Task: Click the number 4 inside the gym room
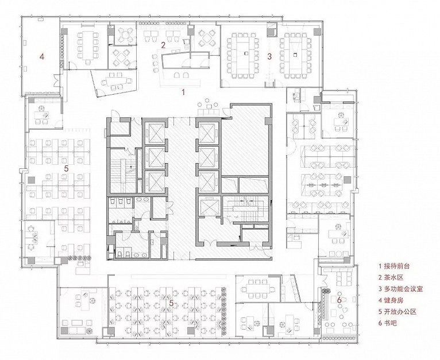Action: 42,57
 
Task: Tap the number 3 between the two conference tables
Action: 269,56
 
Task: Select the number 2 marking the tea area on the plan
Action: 163,45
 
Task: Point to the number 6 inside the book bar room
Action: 339,300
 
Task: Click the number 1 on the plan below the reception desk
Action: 183,92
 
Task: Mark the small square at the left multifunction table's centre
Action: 246,53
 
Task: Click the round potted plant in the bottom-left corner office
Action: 89,331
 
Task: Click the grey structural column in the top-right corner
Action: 317,32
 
